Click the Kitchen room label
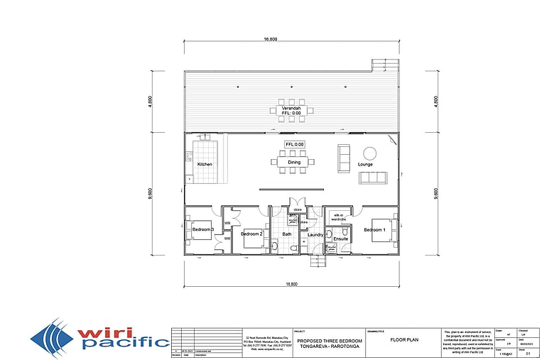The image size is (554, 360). pyautogui.click(x=205, y=165)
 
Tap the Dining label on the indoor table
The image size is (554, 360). pyautogui.click(x=293, y=163)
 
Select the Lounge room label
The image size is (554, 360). pyautogui.click(x=365, y=165)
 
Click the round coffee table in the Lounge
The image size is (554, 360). pyautogui.click(x=370, y=152)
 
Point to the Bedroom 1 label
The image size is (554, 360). pyautogui.click(x=374, y=230)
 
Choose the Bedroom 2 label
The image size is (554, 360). pyautogui.click(x=251, y=234)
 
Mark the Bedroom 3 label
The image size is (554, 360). pyautogui.click(x=203, y=229)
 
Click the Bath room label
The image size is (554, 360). pyautogui.click(x=287, y=234)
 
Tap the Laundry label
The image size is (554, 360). pyautogui.click(x=315, y=234)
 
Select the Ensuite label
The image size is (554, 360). pyautogui.click(x=341, y=239)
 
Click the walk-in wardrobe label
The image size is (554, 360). pyautogui.click(x=339, y=217)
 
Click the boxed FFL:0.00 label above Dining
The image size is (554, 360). pyautogui.click(x=294, y=144)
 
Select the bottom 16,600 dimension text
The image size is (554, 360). pyautogui.click(x=291, y=285)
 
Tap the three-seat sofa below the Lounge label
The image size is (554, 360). pyautogui.click(x=373, y=178)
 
